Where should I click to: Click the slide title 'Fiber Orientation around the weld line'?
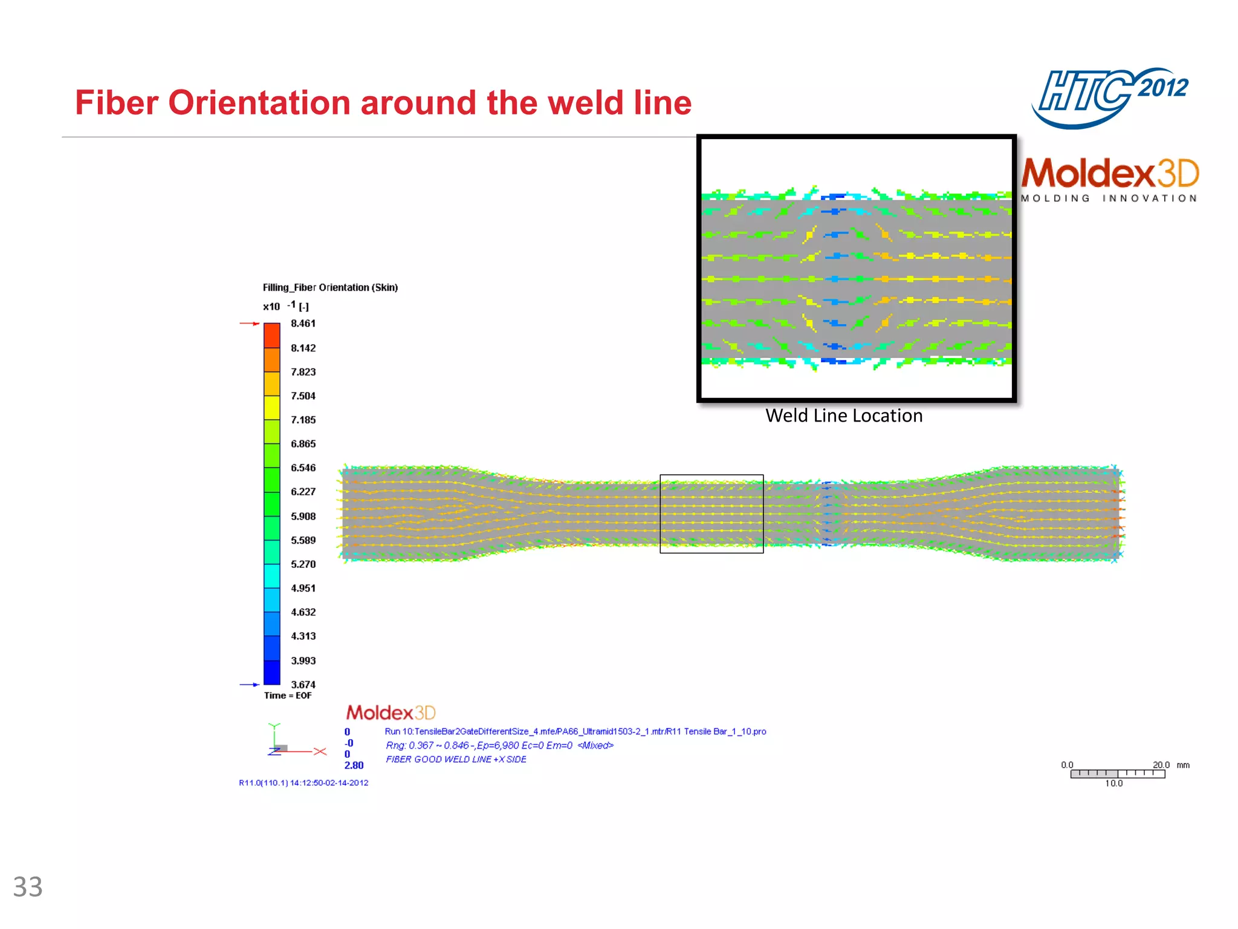383,103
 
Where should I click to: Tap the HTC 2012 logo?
1110,97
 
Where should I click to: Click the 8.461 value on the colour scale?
303,324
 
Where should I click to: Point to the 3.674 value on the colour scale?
303,684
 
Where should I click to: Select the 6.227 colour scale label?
303,492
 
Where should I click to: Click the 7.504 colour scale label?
303,396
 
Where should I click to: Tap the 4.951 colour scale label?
303,588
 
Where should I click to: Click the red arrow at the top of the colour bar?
249,324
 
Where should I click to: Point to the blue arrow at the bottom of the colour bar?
249,685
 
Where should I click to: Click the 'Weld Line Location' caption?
844,416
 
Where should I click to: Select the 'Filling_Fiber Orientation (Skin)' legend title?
330,287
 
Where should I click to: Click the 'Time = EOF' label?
288,696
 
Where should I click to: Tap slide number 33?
28,887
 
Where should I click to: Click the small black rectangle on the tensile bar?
711,513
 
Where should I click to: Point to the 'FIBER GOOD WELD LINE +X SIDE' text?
456,759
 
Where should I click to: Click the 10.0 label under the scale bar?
1113,783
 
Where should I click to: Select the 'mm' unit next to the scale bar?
1183,765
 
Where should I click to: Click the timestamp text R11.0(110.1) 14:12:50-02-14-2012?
303,783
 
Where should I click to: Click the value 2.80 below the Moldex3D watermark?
354,765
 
